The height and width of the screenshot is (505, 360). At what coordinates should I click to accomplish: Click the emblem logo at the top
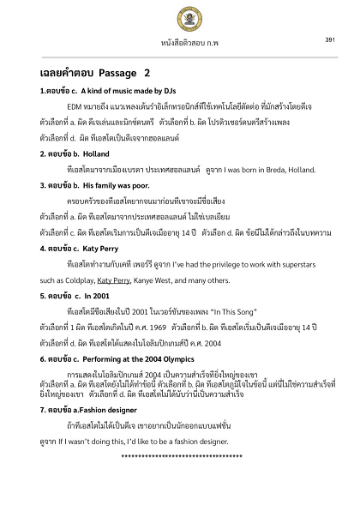181,19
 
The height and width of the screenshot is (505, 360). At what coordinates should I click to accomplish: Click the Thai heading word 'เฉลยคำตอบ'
65,73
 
